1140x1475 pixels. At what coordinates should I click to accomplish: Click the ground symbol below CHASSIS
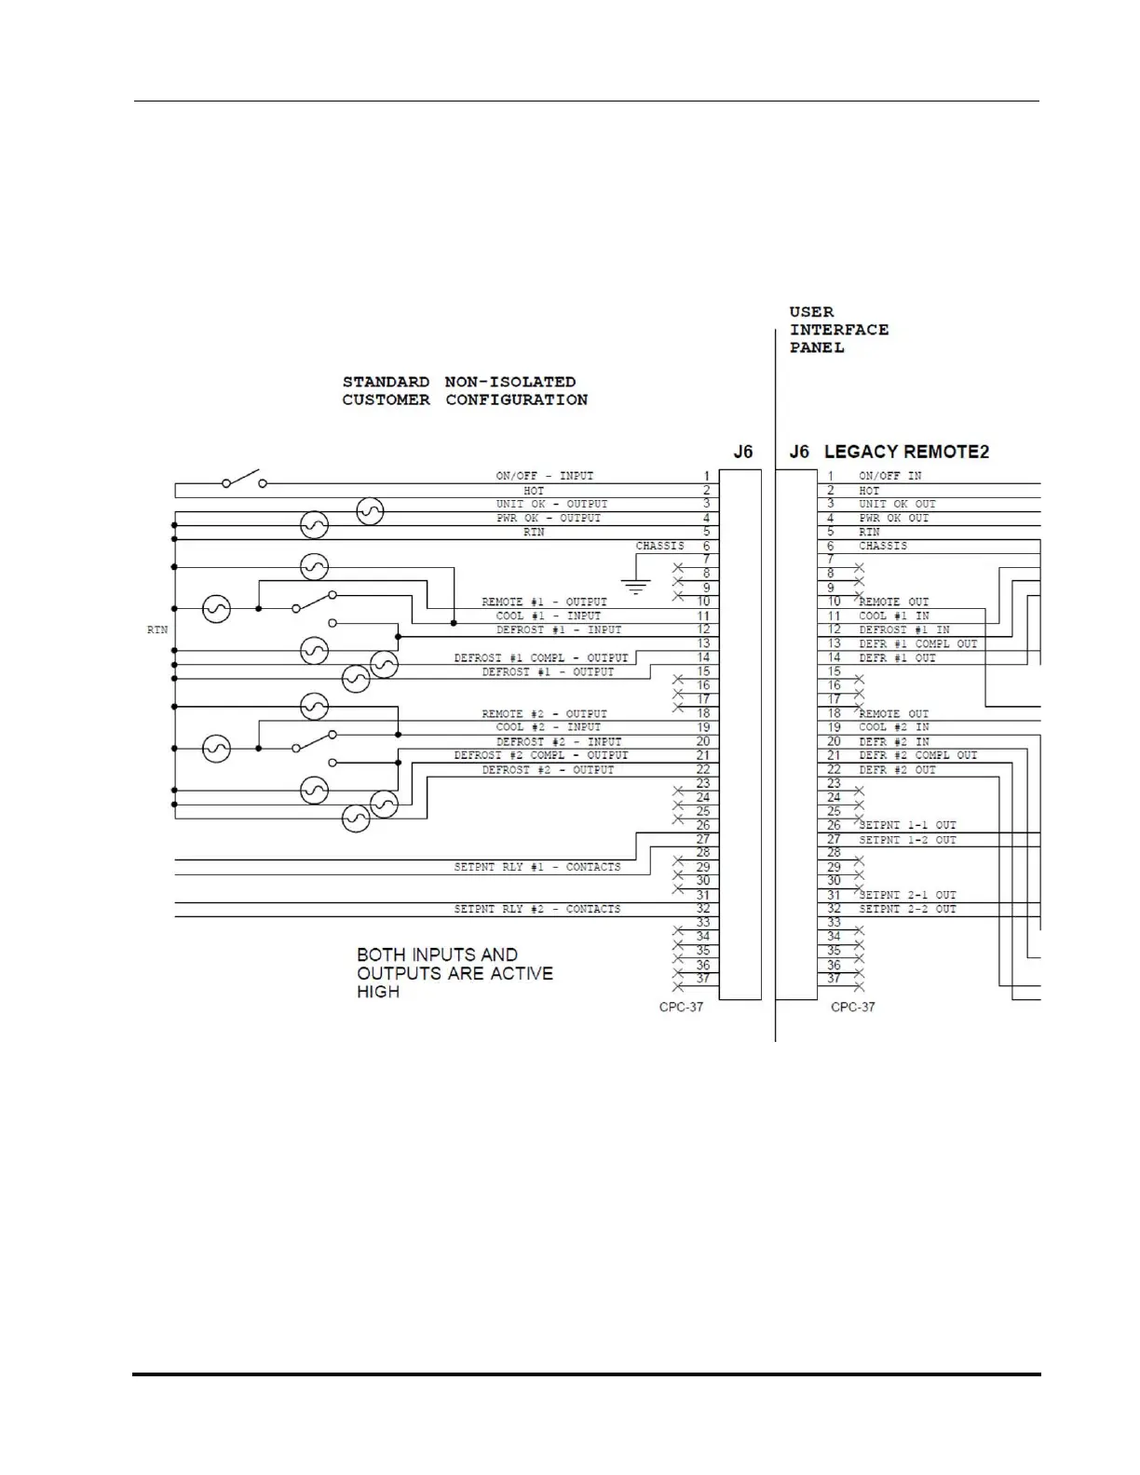pos(636,586)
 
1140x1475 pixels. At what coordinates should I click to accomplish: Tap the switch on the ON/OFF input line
pos(244,480)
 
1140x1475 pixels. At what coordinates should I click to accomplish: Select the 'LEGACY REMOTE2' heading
pos(905,452)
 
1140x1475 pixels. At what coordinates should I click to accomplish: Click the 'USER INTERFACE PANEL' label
pos(838,330)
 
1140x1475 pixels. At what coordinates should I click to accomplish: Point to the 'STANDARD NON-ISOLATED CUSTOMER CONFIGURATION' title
pos(465,391)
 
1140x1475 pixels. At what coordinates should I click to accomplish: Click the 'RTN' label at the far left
pos(157,630)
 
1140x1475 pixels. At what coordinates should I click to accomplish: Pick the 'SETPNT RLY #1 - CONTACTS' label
pos(537,867)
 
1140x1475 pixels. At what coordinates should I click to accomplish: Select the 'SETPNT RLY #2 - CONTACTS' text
pos(537,909)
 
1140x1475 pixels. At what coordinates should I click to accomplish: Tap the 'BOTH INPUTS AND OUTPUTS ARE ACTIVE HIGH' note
pos(455,973)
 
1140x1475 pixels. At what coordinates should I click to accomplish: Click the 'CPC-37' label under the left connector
pos(681,1007)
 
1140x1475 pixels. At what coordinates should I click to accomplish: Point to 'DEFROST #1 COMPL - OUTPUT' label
pos(541,657)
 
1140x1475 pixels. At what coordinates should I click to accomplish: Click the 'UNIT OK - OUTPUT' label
pos(551,504)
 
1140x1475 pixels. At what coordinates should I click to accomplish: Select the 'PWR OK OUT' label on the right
pos(893,518)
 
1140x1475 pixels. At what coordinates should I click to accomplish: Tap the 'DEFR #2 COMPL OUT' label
pos(917,755)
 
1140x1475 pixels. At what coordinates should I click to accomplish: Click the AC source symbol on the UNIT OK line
pos(370,511)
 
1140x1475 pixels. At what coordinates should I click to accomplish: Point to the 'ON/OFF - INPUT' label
pos(544,476)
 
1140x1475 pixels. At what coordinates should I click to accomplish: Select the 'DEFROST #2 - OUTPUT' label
pos(548,770)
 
